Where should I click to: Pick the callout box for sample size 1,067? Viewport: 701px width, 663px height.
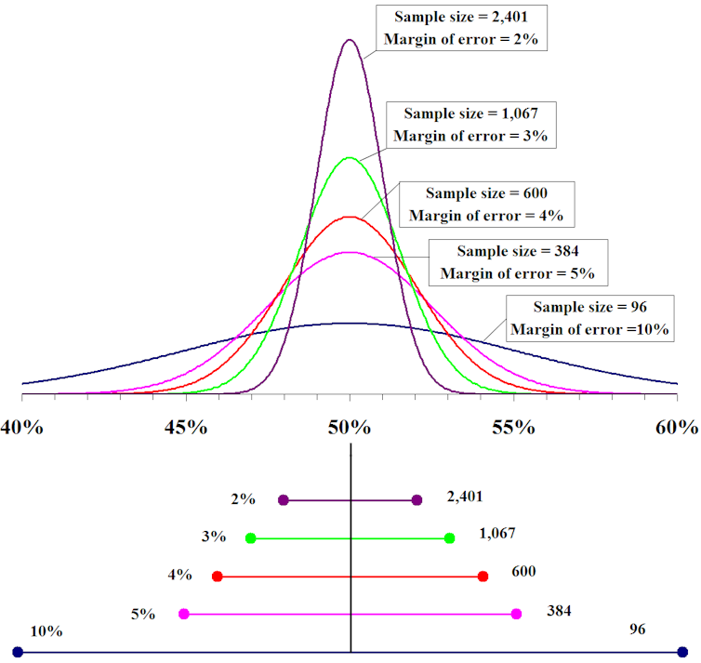470,124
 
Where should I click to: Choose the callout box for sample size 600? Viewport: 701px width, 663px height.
486,204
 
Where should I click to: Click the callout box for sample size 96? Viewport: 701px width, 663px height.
589,317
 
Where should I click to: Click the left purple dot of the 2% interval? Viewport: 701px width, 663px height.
284,500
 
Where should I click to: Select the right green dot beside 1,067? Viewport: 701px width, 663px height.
450,538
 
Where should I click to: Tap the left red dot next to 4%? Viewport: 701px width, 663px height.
218,577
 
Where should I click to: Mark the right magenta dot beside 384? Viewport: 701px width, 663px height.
517,614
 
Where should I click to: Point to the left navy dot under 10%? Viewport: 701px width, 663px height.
18,652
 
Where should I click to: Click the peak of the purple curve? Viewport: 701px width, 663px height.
350,40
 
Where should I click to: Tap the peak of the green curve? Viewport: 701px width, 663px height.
350,158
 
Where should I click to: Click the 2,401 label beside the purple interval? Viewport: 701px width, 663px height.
464,498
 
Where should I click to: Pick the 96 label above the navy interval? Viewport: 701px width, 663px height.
637,630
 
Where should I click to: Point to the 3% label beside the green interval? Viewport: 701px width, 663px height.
213,537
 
